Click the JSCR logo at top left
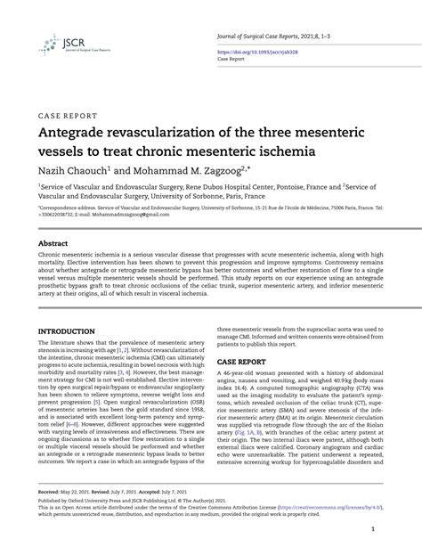tap(56, 45)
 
